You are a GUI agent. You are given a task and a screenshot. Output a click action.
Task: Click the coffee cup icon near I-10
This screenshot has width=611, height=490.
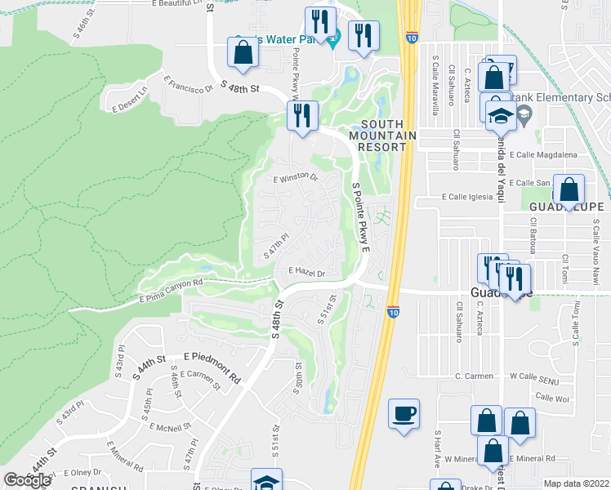(x=403, y=413)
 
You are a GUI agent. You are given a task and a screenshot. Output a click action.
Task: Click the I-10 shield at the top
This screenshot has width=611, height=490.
(x=409, y=37)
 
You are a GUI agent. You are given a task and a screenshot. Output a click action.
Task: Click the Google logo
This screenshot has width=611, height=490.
(x=27, y=479)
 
